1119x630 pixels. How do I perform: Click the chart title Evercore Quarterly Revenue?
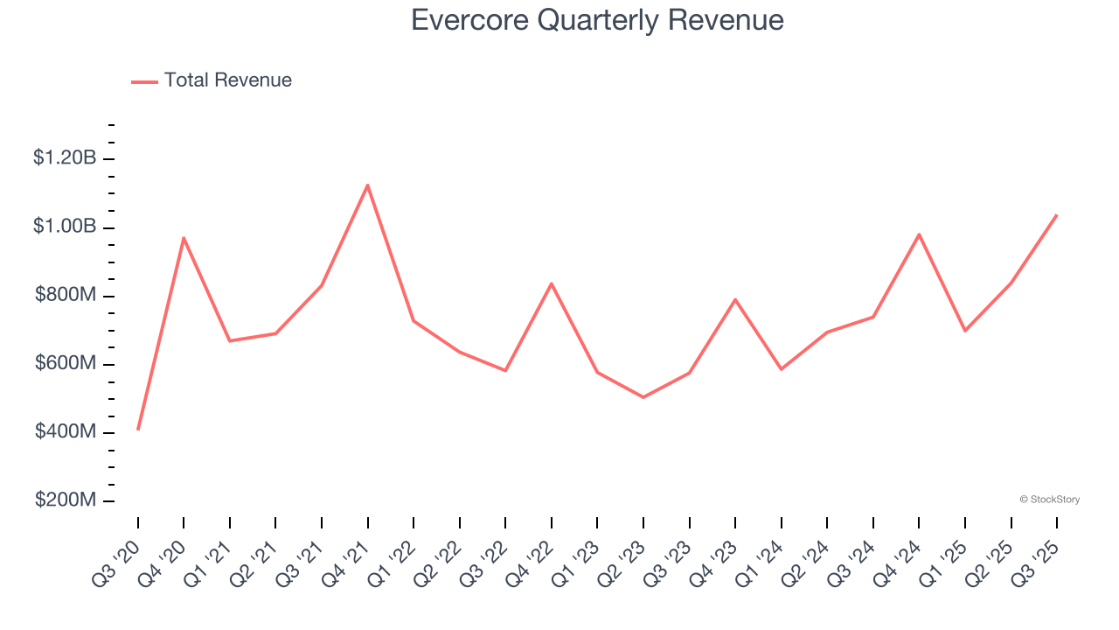[x=597, y=20]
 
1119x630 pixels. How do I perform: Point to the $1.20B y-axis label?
[x=65, y=158]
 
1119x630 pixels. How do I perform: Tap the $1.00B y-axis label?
[x=65, y=227]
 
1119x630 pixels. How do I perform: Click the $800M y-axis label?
[x=65, y=296]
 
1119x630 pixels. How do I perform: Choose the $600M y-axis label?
[x=65, y=364]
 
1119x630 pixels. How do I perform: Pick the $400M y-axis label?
[x=65, y=432]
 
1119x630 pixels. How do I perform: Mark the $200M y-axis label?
[x=65, y=500]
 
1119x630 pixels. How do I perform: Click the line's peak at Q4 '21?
[x=367, y=185]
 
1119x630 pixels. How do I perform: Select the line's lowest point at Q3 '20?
[x=138, y=429]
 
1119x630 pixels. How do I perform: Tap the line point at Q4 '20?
[x=184, y=237]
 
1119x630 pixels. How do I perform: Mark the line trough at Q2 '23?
[x=643, y=397]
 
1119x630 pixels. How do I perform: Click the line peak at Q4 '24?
[x=919, y=234]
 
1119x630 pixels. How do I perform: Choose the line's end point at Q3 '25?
[x=1056, y=215]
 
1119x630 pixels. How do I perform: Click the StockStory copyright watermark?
[x=1049, y=500]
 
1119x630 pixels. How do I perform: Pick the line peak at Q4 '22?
[x=552, y=283]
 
